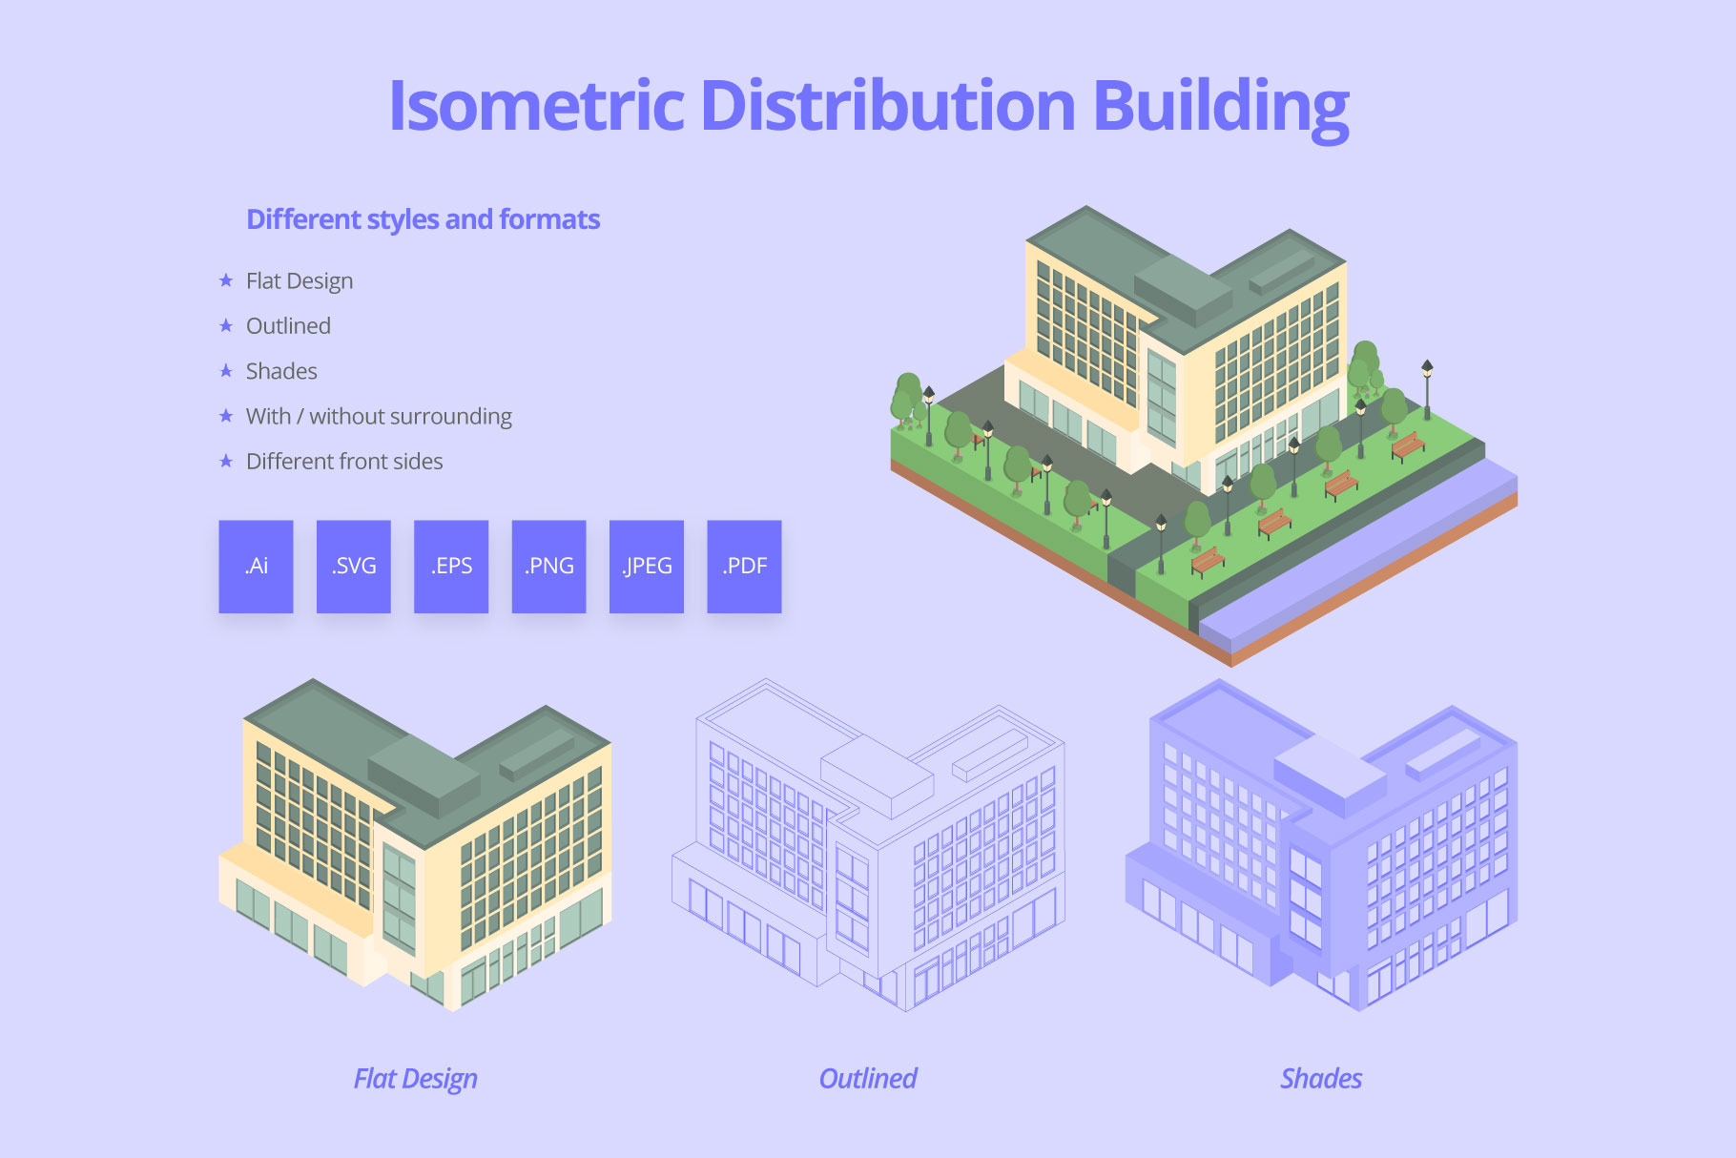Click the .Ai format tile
256,566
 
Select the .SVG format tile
354,566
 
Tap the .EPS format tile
451,566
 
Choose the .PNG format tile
548,566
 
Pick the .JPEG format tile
647,566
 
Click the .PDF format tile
744,566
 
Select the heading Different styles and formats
423,219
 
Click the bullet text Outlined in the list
288,326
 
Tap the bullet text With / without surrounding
379,417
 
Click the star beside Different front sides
226,462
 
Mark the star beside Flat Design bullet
226,280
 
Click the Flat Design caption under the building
415,1079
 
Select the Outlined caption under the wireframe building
867,1079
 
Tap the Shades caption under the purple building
1320,1079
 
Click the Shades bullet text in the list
281,371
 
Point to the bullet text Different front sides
344,462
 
